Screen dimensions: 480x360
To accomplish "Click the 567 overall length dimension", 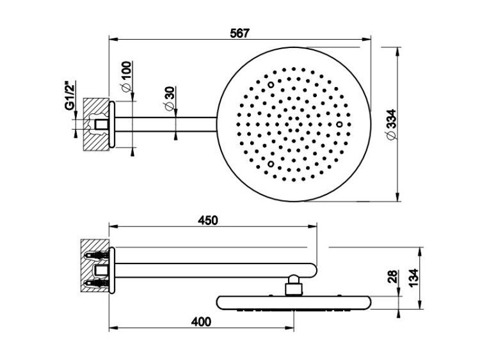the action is coord(240,33).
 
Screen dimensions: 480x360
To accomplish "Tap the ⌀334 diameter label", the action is coord(392,124).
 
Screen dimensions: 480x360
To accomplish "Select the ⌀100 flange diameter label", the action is coord(126,76).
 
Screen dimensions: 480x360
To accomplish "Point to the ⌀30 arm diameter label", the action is coord(169,98).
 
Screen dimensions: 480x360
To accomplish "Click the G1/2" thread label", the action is coord(70,95).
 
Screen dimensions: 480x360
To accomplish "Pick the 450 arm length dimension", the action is coord(208,220).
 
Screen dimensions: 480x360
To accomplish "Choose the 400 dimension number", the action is coord(201,322).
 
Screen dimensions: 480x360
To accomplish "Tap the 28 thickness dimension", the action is coord(393,276).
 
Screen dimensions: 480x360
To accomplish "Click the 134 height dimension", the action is coord(413,278).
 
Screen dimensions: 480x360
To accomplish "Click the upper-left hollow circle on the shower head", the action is coord(271,84).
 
